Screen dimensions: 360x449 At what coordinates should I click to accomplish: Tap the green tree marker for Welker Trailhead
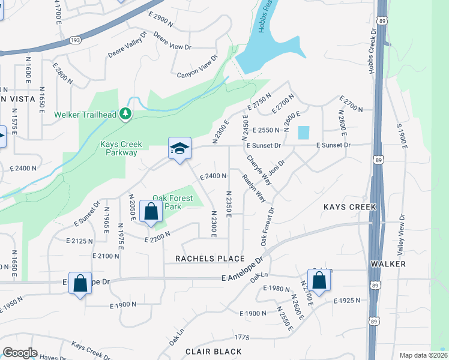[x=125, y=113]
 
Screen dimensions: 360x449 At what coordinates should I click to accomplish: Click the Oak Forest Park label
[x=172, y=202]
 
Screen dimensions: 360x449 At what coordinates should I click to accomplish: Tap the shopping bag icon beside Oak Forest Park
[x=150, y=211]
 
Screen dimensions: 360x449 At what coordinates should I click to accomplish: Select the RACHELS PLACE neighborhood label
[x=209, y=259]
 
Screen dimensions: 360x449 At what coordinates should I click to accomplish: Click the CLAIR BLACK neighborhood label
[x=213, y=352]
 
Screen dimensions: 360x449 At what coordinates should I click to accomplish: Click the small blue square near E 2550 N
[x=304, y=132]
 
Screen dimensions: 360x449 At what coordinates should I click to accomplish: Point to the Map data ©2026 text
[x=423, y=355]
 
